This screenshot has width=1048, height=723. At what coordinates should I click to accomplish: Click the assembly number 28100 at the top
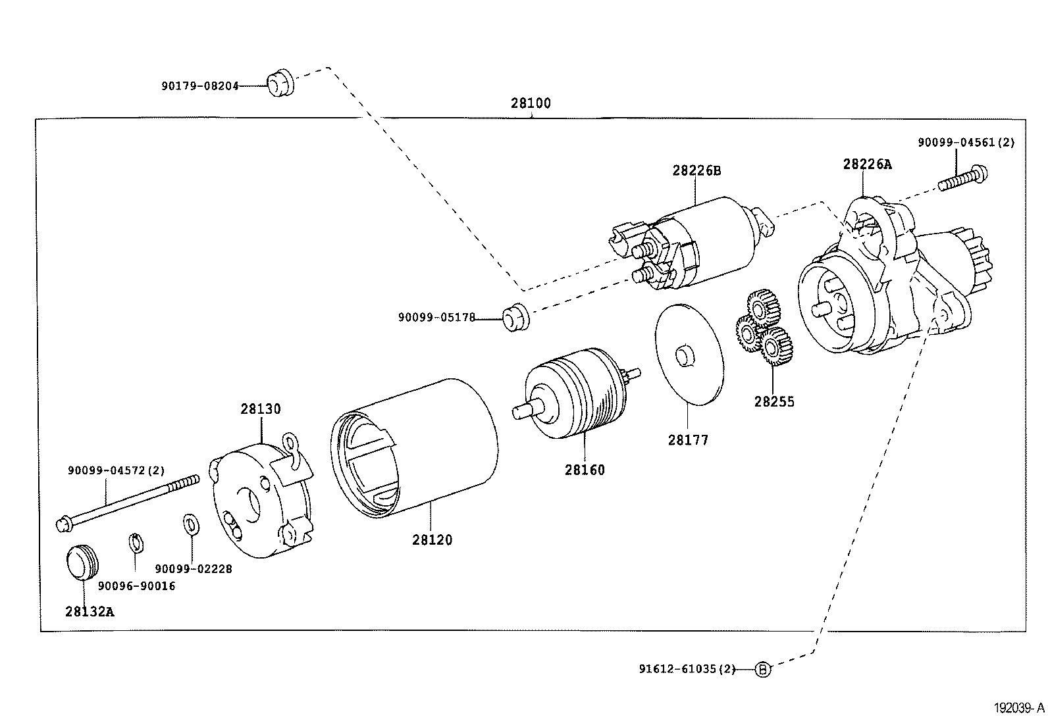pos(531,103)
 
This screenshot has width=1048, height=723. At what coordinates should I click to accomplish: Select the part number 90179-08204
pos(199,86)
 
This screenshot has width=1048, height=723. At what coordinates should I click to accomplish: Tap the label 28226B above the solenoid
pos(696,170)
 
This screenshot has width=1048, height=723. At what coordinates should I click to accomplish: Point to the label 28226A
pos(867,164)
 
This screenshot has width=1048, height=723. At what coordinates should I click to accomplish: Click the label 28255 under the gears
pos(774,401)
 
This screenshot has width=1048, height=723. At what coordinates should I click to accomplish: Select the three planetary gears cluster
pos(764,330)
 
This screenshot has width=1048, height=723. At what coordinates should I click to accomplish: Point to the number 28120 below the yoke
pos(432,539)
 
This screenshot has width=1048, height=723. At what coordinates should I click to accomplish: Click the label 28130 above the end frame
pos(260,409)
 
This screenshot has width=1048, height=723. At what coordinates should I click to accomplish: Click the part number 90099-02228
pos(194,568)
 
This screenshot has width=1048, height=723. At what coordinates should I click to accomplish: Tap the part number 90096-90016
pos(137,586)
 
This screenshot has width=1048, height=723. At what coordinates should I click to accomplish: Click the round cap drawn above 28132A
pos(82,562)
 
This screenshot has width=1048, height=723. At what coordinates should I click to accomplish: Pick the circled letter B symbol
pos(762,670)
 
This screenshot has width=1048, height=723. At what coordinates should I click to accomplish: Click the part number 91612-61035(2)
pos(687,669)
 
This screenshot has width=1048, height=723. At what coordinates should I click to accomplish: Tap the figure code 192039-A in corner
pos(1018,708)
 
